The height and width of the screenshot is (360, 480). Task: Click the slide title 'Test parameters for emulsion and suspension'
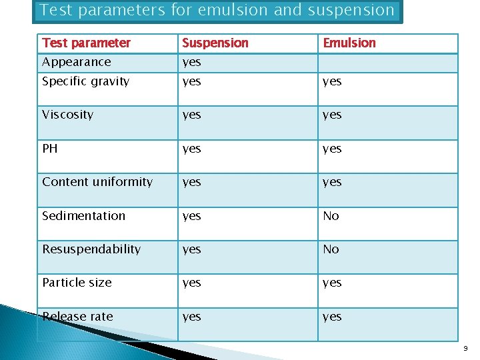[217, 11]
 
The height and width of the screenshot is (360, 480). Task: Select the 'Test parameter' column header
[86, 43]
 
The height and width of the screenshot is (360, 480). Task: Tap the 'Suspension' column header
[215, 43]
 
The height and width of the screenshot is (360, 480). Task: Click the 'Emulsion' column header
[349, 43]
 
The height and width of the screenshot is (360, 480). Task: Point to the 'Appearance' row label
[76, 62]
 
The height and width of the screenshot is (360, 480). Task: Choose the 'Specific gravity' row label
[85, 81]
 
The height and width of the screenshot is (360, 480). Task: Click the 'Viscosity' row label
[67, 115]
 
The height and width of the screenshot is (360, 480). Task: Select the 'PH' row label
[50, 148]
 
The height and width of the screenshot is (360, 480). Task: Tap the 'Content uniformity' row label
[97, 182]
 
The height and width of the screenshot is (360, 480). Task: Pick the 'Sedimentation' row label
[83, 216]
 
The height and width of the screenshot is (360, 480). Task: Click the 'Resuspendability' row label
[91, 249]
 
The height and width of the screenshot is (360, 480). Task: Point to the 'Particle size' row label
[77, 283]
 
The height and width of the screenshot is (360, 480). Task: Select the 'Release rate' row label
[77, 317]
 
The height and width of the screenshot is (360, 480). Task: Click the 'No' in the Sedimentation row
[331, 216]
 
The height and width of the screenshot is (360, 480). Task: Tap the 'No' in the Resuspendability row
[331, 249]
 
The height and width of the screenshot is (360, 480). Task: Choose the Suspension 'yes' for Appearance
[191, 63]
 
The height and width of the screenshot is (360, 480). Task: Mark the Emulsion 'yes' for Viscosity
[332, 115]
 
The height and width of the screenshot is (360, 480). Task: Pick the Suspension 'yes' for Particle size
[191, 283]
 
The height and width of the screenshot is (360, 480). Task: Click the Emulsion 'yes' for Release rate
[332, 317]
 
